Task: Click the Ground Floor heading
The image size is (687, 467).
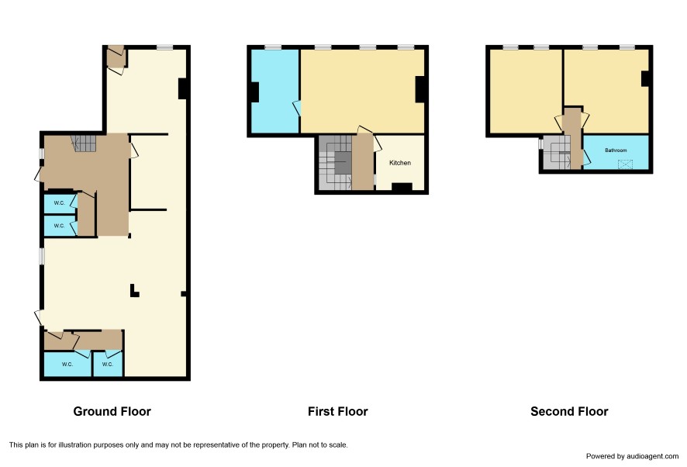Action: pyautogui.click(x=112, y=411)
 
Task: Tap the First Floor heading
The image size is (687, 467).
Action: pyautogui.click(x=338, y=411)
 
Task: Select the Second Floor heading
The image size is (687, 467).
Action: pyautogui.click(x=569, y=411)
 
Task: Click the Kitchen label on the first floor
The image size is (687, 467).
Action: pyautogui.click(x=400, y=163)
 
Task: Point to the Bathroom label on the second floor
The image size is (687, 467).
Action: pyautogui.click(x=616, y=150)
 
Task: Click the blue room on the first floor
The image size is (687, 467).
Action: pyautogui.click(x=274, y=91)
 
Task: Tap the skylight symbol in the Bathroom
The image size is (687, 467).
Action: pyautogui.click(x=625, y=164)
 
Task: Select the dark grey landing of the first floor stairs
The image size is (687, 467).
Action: pyautogui.click(x=343, y=163)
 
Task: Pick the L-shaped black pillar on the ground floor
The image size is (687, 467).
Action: pyautogui.click(x=134, y=291)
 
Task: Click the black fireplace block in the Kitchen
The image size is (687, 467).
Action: pyautogui.click(x=402, y=187)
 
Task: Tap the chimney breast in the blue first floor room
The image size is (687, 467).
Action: pyautogui.click(x=254, y=92)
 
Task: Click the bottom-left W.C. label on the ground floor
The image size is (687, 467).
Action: pyautogui.click(x=67, y=365)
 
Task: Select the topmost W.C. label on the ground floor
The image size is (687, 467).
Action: pyautogui.click(x=59, y=203)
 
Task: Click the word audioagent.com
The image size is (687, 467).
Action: pyautogui.click(x=652, y=456)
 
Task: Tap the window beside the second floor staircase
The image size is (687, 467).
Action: pyautogui.click(x=540, y=144)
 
